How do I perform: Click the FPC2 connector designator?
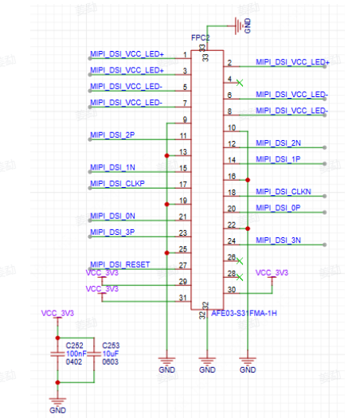(200, 38)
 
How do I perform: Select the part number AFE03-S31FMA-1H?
(244, 313)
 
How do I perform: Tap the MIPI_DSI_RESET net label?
(120, 264)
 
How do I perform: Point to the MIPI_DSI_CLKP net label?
(117, 183)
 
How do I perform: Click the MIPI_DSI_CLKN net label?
(284, 192)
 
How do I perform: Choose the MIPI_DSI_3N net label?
(278, 240)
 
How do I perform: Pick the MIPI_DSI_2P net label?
(112, 135)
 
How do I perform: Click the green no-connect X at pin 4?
(240, 83)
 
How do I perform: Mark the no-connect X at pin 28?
(240, 278)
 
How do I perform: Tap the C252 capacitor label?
(74, 346)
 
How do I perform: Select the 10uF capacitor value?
(111, 354)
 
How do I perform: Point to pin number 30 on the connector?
(232, 290)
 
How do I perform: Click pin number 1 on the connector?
(185, 55)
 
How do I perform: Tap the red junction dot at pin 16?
(248, 180)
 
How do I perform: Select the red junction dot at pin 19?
(167, 204)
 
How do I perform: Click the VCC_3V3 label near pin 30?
(272, 273)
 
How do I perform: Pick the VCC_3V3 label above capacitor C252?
(57, 313)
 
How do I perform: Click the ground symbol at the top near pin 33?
(239, 25)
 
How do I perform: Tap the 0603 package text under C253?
(110, 361)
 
